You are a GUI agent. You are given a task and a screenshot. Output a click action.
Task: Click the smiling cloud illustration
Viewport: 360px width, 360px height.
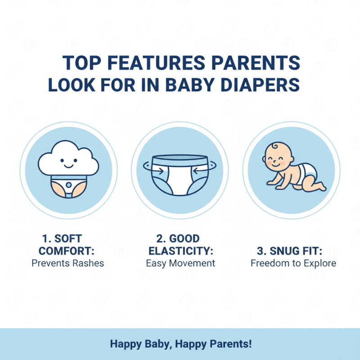[x=68, y=160]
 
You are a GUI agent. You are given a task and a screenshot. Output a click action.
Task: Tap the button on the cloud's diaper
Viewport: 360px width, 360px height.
[x=68, y=184]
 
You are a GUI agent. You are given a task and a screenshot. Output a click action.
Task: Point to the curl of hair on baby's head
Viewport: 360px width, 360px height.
[x=274, y=145]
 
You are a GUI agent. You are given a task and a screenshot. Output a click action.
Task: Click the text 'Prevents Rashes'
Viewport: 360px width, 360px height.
[x=67, y=263]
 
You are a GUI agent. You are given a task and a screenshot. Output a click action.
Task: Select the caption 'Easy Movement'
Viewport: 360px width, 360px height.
[x=180, y=263]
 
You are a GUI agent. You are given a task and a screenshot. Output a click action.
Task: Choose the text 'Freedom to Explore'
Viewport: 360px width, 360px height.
[x=293, y=263]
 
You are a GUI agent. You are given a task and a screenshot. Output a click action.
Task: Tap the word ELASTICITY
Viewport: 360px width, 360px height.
[x=180, y=250]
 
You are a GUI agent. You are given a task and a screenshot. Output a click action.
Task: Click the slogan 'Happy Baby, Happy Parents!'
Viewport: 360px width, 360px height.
[x=180, y=344]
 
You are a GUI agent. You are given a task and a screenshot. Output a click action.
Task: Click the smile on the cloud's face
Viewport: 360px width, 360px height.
[x=68, y=166]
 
